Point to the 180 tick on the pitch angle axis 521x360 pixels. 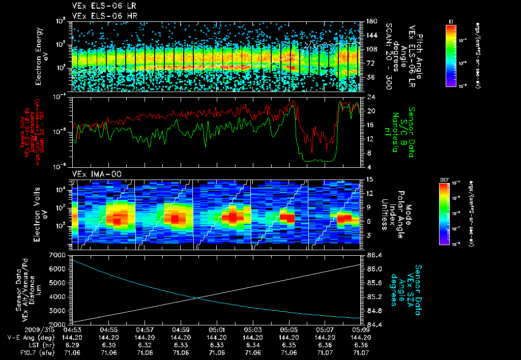(372, 21)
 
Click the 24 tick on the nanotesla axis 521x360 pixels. (371, 97)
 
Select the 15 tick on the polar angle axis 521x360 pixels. (370, 179)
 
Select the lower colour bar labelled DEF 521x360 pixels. (444, 214)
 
